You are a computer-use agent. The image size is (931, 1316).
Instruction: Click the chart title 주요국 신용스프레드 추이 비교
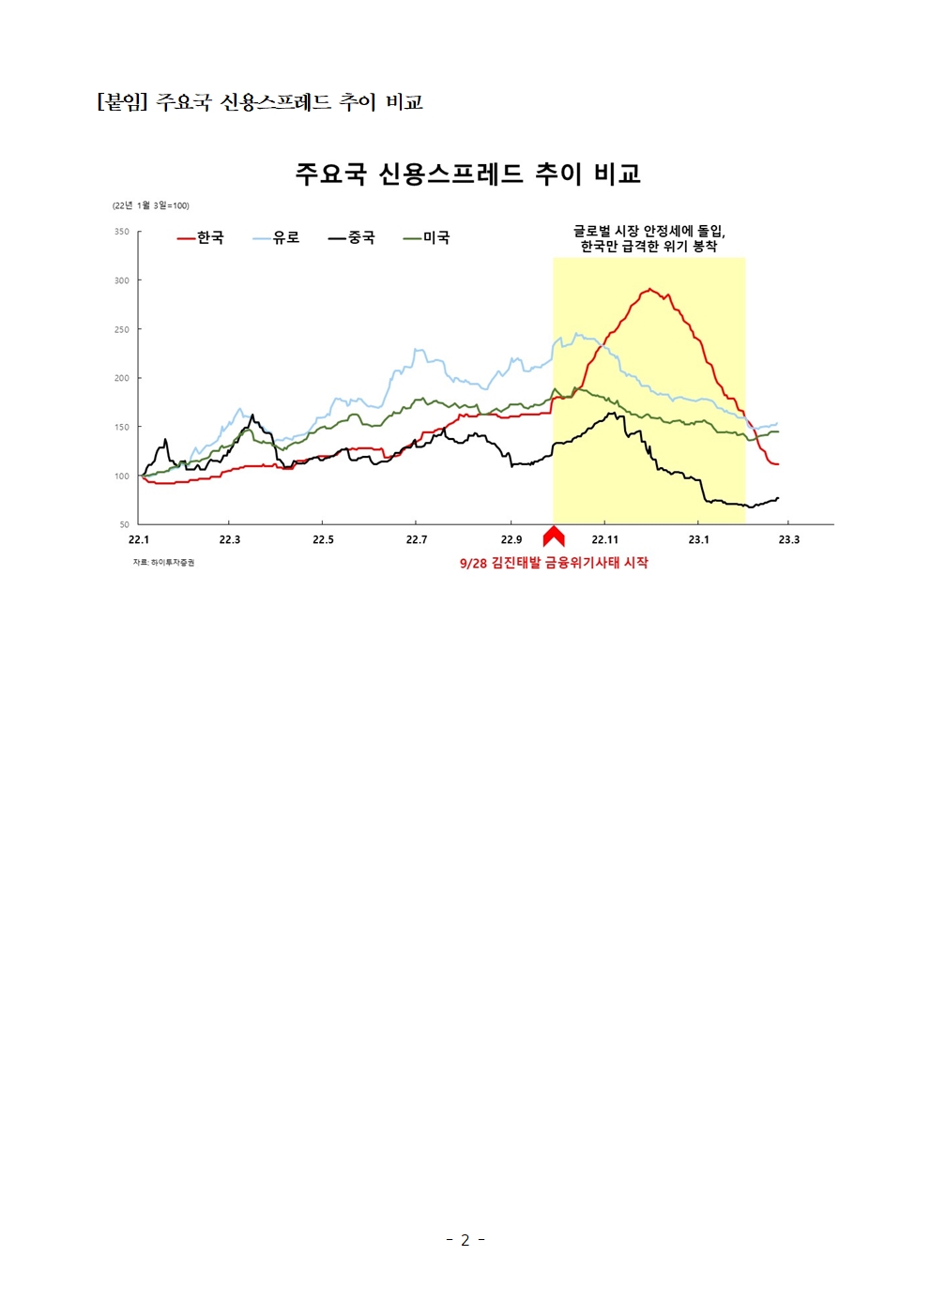click(x=467, y=174)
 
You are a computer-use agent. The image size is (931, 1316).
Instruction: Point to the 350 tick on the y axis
click(x=122, y=232)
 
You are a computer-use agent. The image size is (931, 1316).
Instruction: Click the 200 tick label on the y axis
click(x=122, y=378)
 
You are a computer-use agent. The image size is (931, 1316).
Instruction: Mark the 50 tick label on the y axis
click(x=125, y=524)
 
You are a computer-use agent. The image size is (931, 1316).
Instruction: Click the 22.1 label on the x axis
click(x=139, y=540)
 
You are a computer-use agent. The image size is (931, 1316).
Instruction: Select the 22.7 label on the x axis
click(x=417, y=540)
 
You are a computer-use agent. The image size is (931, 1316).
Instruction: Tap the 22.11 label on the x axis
click(x=605, y=540)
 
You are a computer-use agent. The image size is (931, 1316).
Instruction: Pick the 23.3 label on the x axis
click(x=789, y=540)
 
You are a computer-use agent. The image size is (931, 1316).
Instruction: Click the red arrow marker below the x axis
click(x=554, y=537)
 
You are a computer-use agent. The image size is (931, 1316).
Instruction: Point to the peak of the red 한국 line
click(x=649, y=290)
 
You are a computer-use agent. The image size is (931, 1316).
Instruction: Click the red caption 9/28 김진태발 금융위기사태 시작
click(x=554, y=563)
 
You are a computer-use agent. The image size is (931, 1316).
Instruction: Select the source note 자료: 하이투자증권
click(x=163, y=563)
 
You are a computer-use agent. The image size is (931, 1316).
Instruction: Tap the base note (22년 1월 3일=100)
click(x=151, y=205)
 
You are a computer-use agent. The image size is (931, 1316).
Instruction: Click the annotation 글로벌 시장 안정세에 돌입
click(x=649, y=231)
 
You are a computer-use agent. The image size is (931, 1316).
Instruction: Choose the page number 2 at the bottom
click(x=465, y=1240)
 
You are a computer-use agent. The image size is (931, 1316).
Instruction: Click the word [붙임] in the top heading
click(x=122, y=102)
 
